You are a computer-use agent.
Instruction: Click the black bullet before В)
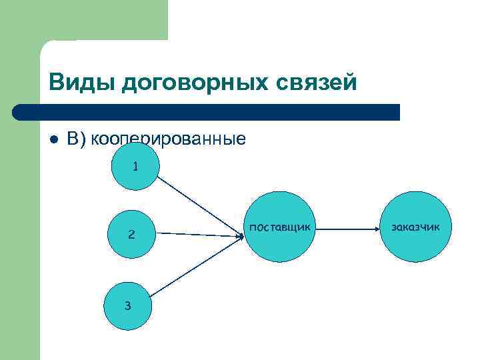(x=53, y=139)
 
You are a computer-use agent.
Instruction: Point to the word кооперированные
(x=168, y=139)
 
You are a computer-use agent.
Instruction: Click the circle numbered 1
(x=135, y=167)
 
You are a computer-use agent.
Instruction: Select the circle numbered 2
(x=131, y=234)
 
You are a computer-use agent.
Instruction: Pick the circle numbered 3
(x=127, y=306)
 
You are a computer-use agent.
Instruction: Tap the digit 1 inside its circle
(x=135, y=167)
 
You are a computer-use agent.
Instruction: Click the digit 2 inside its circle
(x=131, y=235)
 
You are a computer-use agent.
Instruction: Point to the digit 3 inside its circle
(x=127, y=306)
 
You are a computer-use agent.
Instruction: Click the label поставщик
(x=279, y=227)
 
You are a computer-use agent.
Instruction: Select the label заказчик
(x=415, y=227)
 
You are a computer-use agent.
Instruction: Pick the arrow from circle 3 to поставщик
(x=193, y=266)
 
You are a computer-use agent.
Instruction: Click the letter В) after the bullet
(x=77, y=139)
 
